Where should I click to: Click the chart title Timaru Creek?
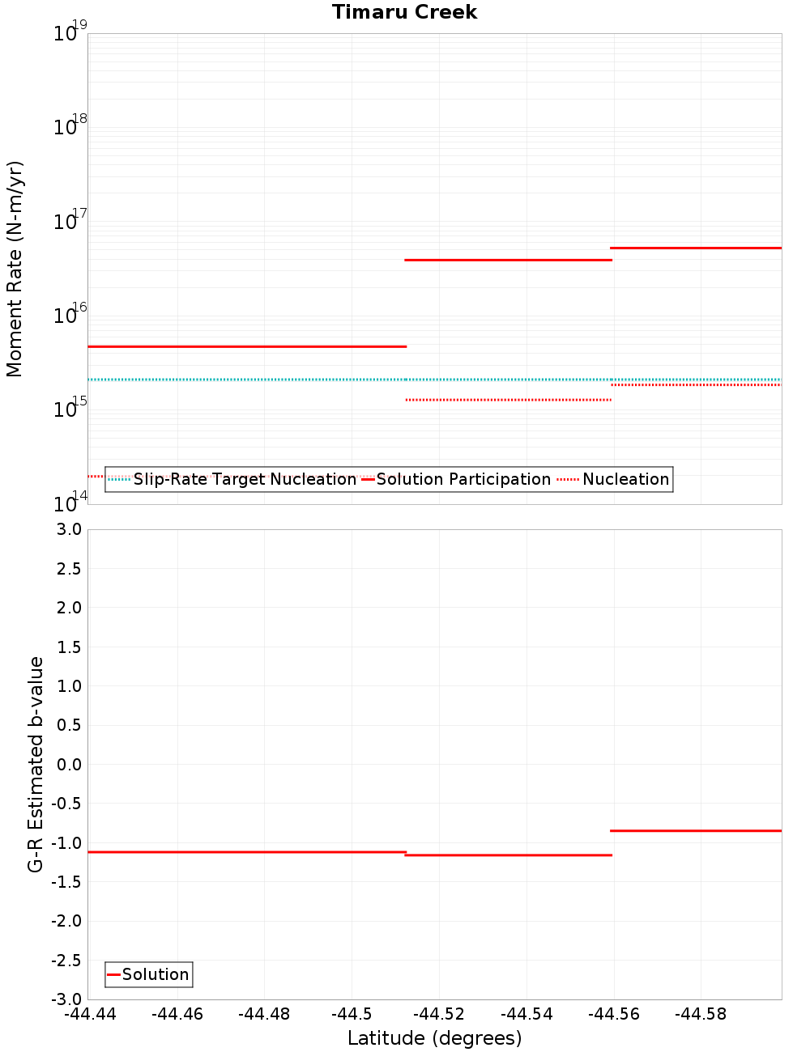pos(404,12)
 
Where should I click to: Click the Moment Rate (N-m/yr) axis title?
pos(15,269)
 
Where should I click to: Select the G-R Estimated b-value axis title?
pos(36,764)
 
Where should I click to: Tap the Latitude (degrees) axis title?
pos(434,1038)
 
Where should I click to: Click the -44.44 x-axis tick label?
pos(90,1014)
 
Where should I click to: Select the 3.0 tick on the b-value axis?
pos(70,529)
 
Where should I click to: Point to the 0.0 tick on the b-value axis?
pos(70,764)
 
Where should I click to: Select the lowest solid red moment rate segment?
pos(247,346)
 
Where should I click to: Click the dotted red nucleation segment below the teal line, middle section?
pos(508,400)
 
